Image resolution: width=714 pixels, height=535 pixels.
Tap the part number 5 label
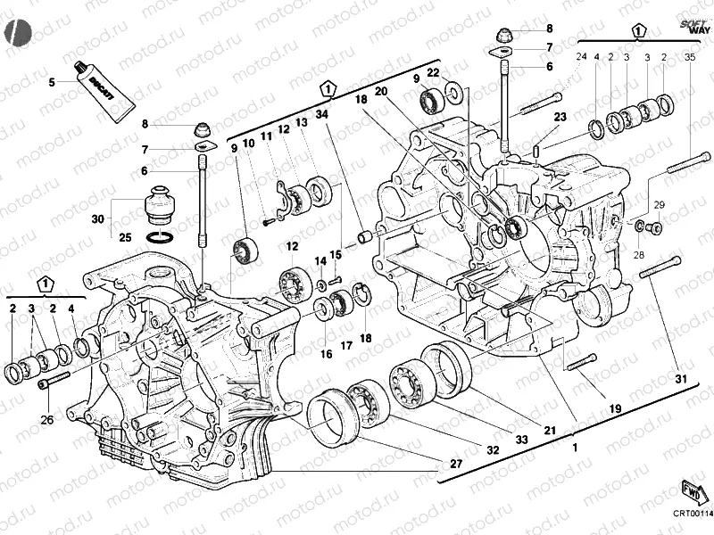point(52,82)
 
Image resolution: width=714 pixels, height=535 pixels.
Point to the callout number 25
point(125,237)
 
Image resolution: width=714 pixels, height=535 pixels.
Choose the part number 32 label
point(492,450)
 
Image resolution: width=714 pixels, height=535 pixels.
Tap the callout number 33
point(520,440)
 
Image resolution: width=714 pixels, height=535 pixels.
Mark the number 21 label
point(550,431)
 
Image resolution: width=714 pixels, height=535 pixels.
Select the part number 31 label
point(681,380)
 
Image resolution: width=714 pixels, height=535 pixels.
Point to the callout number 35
point(690,57)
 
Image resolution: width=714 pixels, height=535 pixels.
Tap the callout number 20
point(380,91)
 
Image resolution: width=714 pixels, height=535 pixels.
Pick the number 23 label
point(560,117)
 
